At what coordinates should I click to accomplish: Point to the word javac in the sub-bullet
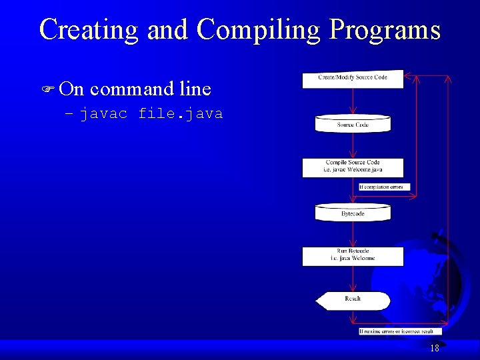coord(104,114)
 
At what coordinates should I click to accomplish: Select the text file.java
coord(180,114)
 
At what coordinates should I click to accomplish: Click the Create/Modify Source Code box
coord(353,79)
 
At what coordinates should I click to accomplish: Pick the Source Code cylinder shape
coord(353,124)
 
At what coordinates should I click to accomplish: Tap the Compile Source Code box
coord(353,167)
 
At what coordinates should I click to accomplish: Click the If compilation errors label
coord(385,187)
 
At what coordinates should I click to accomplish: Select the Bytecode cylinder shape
coord(353,213)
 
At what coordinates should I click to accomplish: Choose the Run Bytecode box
coord(353,256)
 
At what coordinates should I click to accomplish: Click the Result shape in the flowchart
coord(353,301)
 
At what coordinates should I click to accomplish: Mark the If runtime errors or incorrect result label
coord(400,331)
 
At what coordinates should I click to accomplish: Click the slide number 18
coord(435,348)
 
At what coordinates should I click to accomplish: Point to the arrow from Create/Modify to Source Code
coord(353,102)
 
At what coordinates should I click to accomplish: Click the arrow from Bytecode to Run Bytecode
coord(353,234)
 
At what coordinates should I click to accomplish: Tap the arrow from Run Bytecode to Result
coord(353,279)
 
